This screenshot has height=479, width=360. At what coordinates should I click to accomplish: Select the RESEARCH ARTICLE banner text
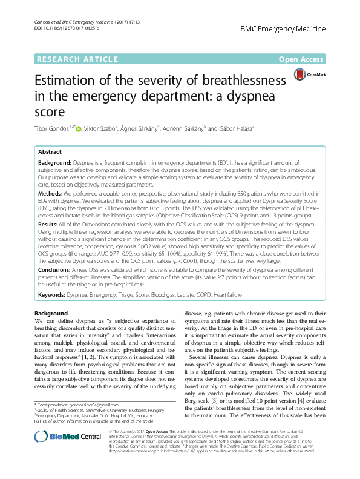point(77,59)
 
